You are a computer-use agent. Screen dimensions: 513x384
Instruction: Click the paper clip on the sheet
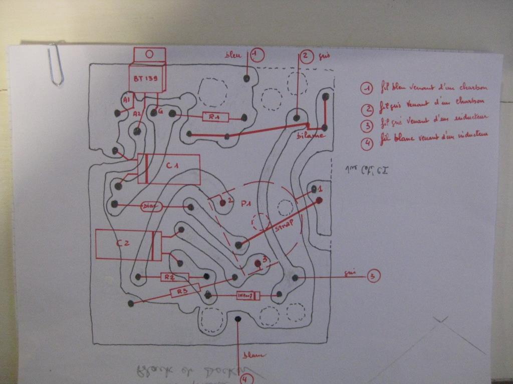click(57, 64)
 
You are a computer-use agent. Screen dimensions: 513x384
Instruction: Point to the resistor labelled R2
click(169, 276)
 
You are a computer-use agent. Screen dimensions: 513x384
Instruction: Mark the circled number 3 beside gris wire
click(373, 275)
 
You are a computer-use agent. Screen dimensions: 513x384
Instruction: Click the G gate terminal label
click(160, 111)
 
